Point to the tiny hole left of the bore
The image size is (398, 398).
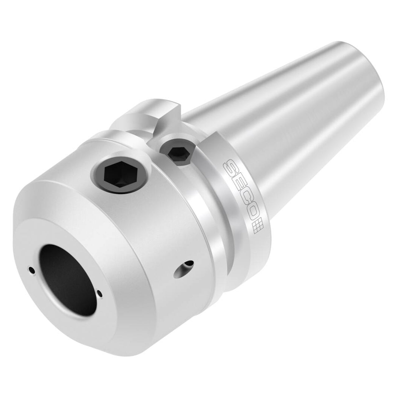[31, 270]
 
